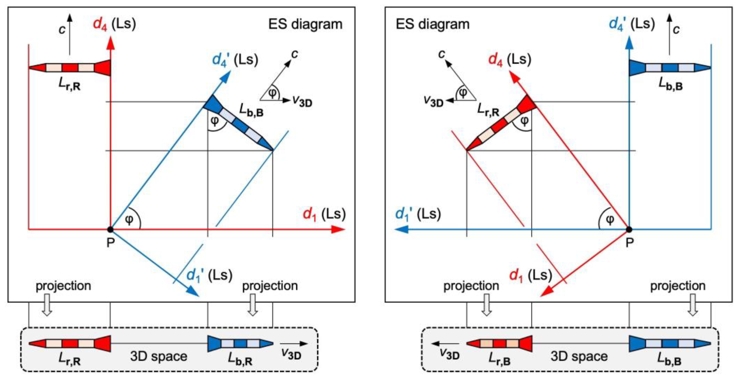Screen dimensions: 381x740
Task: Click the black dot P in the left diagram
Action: [x=110, y=229]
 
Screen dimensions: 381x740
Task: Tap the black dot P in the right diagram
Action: [x=629, y=229]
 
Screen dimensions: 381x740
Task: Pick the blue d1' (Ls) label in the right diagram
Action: [x=418, y=215]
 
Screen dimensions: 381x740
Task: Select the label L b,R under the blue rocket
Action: [x=240, y=359]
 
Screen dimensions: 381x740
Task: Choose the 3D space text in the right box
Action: [x=579, y=356]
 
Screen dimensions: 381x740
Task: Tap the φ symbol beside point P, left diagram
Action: [x=129, y=220]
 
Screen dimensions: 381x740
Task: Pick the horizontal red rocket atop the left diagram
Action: [x=70, y=68]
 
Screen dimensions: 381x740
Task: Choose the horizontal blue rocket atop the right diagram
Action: [x=670, y=68]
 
